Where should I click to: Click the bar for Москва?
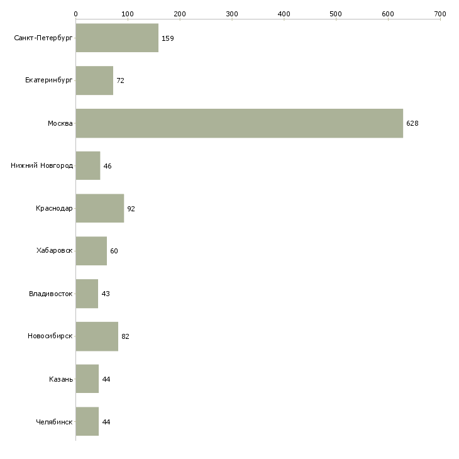point(239,123)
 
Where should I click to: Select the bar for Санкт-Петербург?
point(117,38)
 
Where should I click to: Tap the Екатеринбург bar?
point(94,80)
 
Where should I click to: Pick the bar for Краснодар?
point(99,209)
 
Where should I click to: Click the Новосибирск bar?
point(97,336)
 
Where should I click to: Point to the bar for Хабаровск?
point(91,251)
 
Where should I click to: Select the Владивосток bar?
point(87,294)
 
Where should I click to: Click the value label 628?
point(412,123)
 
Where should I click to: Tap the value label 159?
point(167,38)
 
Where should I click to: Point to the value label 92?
point(131,209)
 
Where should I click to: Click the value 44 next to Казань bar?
point(106,379)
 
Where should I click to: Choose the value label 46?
point(108,166)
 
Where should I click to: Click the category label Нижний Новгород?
point(41,166)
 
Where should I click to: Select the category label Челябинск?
point(54,422)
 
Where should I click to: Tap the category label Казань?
point(60,379)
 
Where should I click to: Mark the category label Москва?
point(60,123)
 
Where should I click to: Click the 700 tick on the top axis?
point(440,13)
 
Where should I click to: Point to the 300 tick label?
point(231,13)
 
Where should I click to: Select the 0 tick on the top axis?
point(75,13)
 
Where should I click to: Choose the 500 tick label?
point(336,13)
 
